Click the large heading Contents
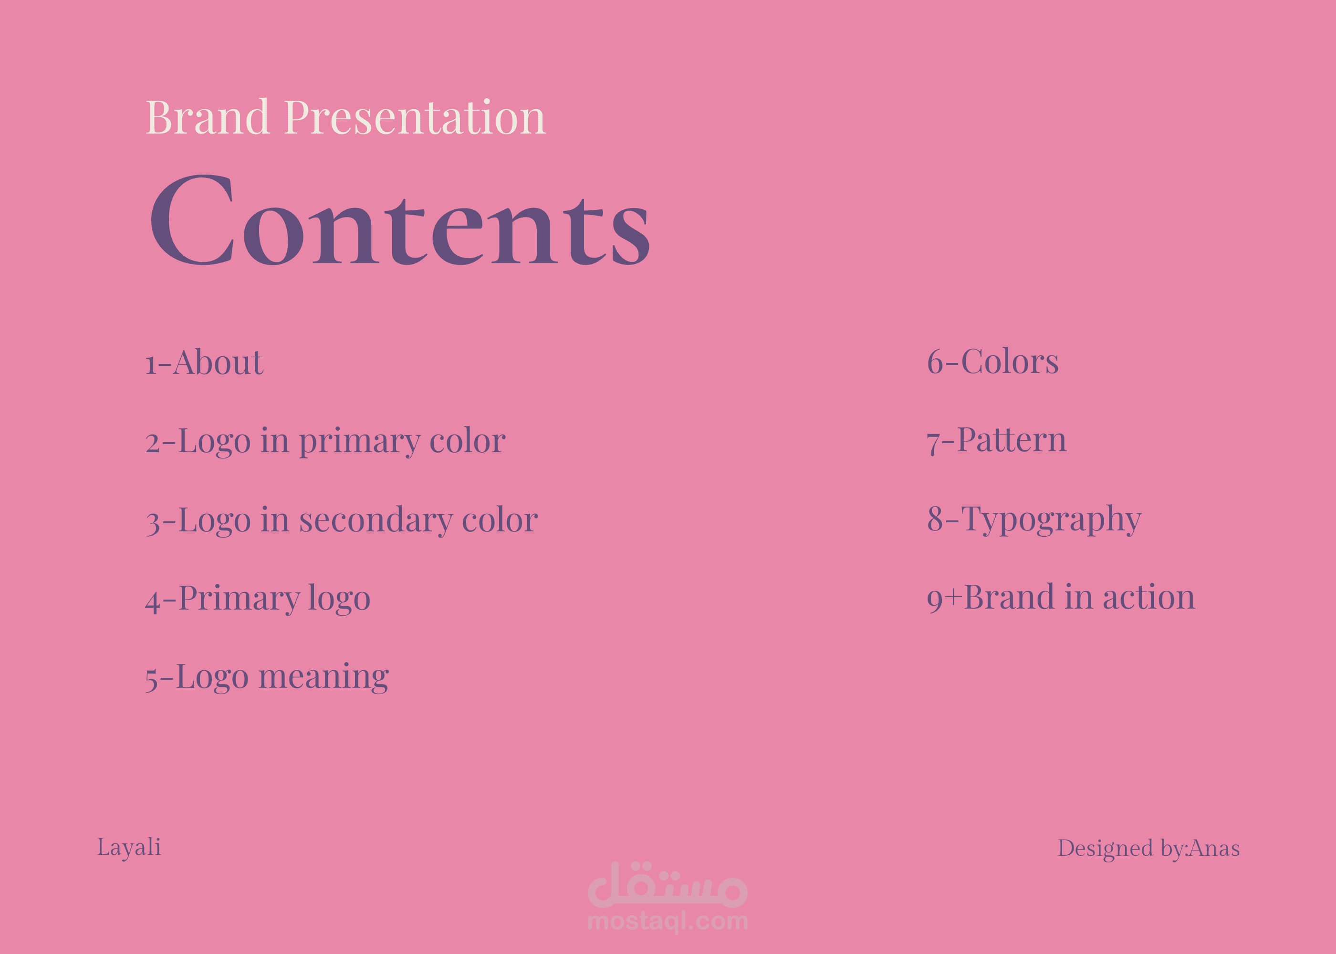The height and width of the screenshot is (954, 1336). (x=400, y=220)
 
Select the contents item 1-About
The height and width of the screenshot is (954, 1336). (x=204, y=362)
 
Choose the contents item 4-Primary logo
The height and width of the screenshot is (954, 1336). (x=258, y=599)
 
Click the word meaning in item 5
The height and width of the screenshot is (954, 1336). (x=324, y=677)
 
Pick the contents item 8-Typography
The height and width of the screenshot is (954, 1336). (x=1034, y=519)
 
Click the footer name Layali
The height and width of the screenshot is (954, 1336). (x=129, y=848)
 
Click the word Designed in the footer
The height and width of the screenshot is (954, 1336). (x=1105, y=848)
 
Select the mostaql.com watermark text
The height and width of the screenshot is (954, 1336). (x=668, y=921)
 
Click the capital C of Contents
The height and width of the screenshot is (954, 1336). (x=193, y=220)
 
